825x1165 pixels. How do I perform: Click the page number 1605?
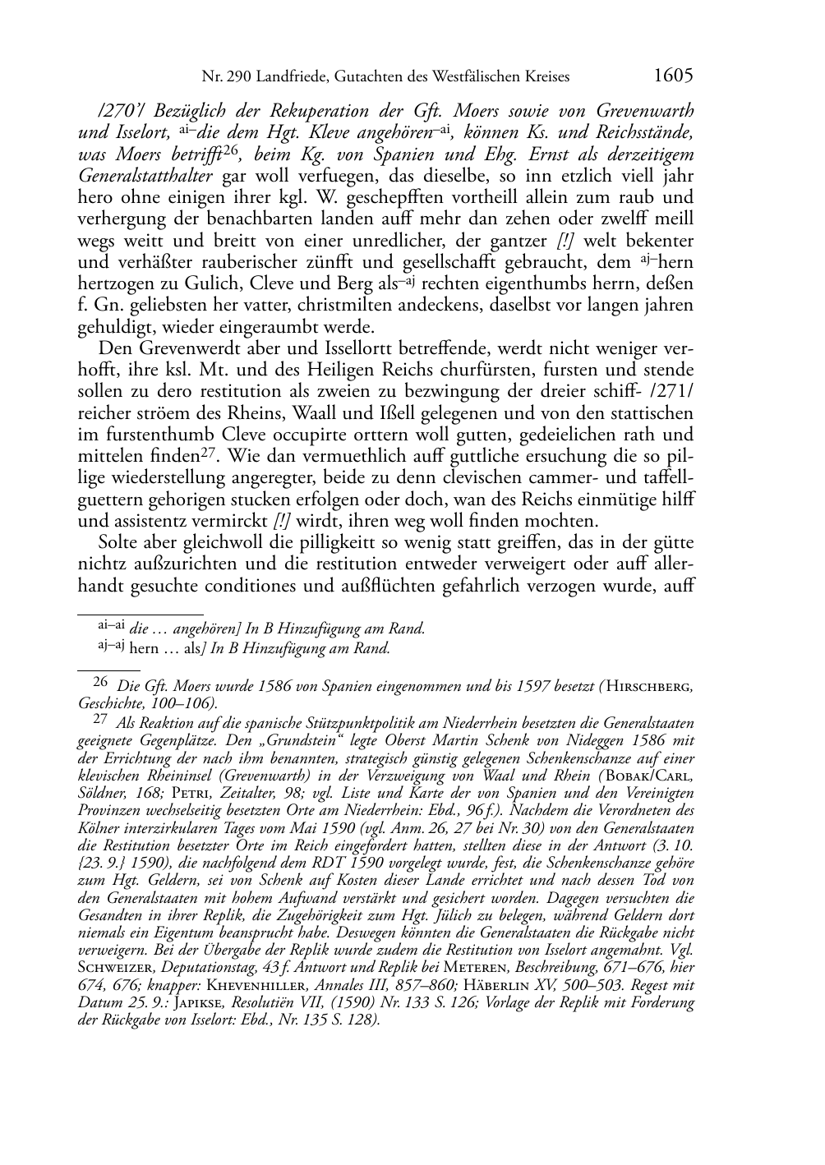click(673, 76)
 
